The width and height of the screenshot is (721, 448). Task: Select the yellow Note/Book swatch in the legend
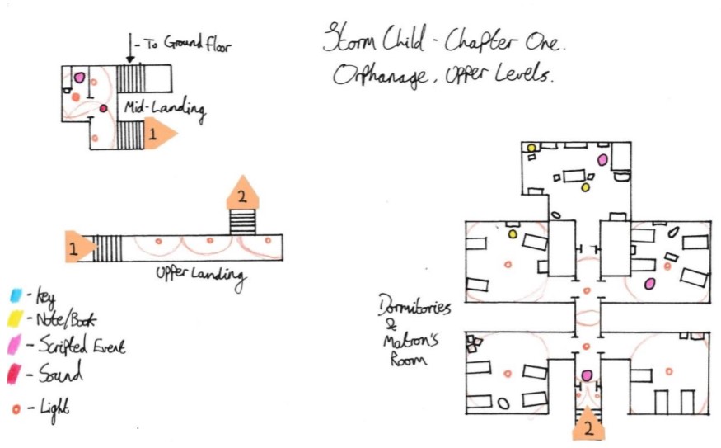coord(15,320)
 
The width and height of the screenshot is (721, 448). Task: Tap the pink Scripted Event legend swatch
coord(15,346)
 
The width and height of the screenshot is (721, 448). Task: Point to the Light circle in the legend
coord(16,406)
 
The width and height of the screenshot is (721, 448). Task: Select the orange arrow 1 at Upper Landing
coord(80,248)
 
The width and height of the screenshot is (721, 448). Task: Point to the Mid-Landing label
coord(165,107)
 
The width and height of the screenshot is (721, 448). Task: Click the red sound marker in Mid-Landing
coord(103,109)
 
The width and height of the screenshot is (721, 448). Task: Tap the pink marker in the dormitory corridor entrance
coord(587,376)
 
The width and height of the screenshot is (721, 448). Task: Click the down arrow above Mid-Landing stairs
coord(129,47)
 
